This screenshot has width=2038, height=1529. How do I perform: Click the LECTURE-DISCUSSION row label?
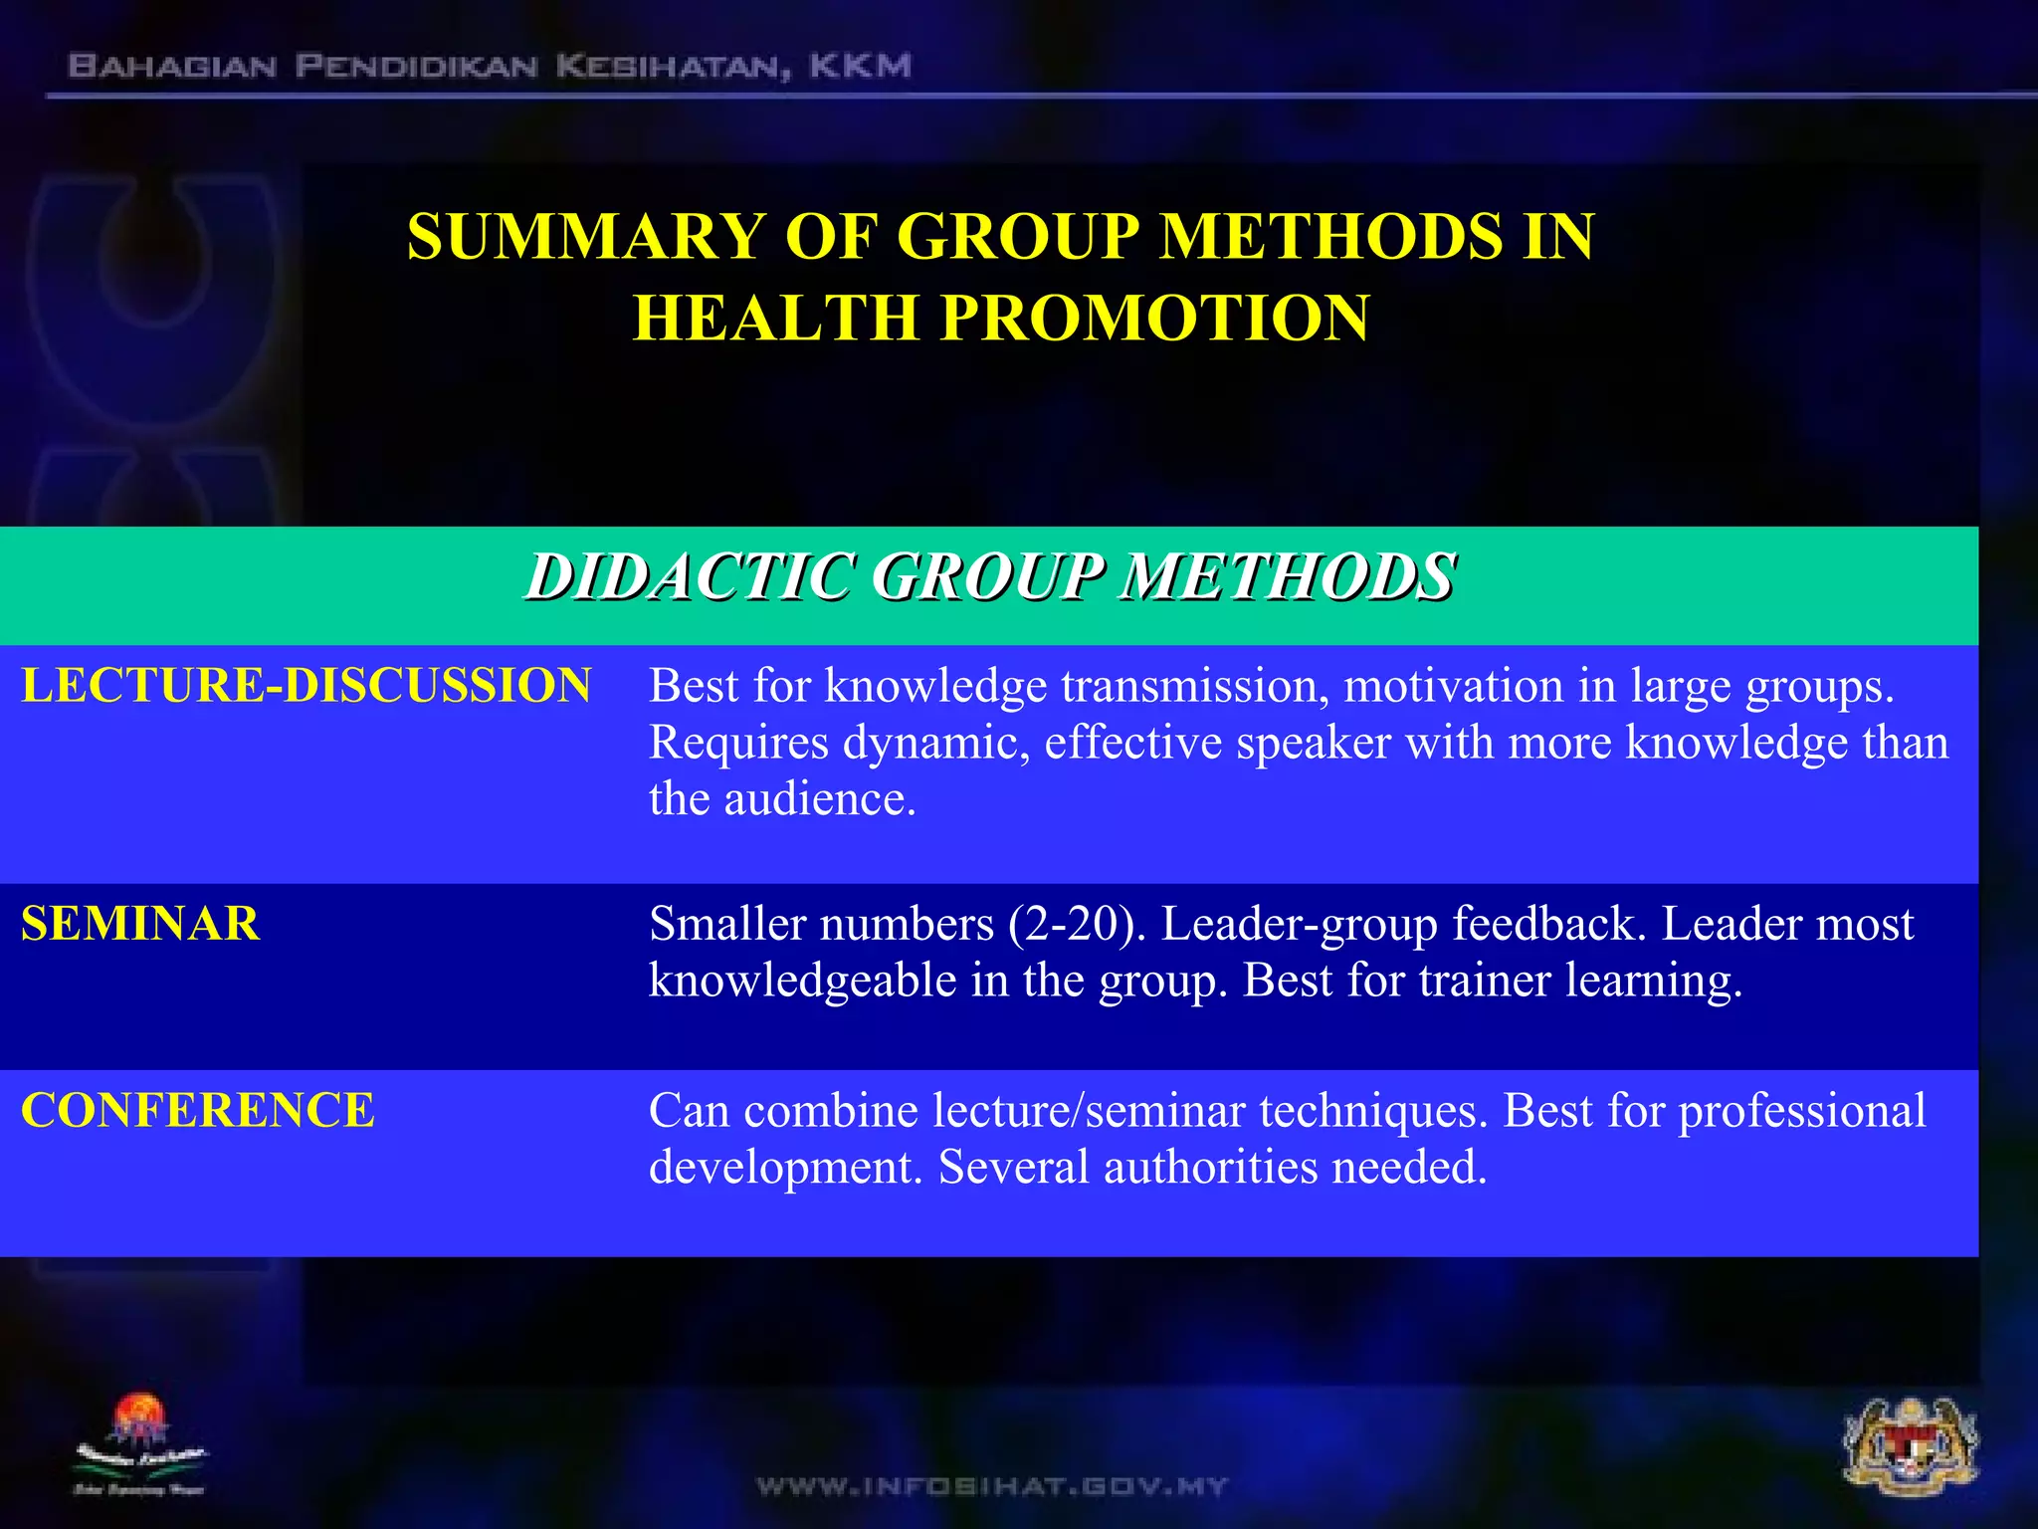[306, 686]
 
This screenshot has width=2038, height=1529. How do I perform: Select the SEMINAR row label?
[140, 924]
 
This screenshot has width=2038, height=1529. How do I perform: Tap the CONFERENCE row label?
[198, 1110]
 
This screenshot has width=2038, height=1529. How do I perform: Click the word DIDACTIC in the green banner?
[691, 577]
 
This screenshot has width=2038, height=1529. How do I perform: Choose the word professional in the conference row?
[1802, 1110]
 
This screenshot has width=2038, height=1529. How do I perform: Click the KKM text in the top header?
[860, 67]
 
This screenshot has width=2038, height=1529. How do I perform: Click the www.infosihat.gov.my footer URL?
[992, 1486]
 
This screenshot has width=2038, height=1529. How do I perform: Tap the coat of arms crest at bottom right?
[1910, 1458]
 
